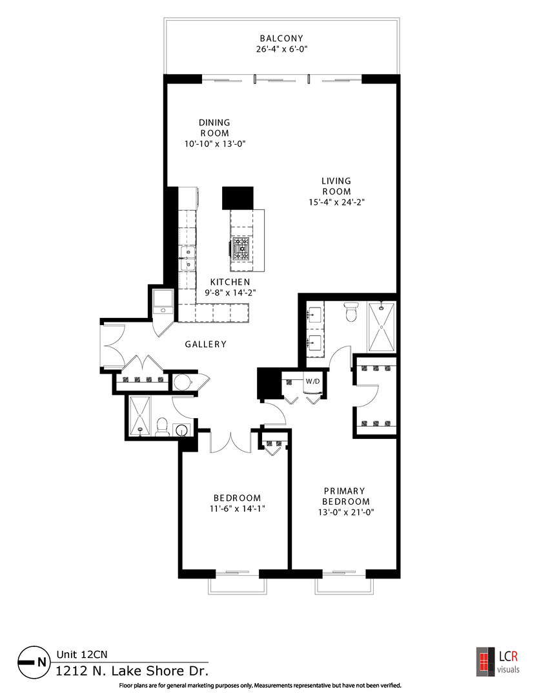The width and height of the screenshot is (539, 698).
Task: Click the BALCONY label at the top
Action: click(x=281, y=38)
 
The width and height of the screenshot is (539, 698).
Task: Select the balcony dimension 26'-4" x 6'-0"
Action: click(x=281, y=48)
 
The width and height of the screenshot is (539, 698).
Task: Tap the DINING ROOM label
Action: click(x=214, y=127)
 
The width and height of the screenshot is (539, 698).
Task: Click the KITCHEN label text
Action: click(x=230, y=282)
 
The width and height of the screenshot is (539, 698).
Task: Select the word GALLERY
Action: click(x=206, y=344)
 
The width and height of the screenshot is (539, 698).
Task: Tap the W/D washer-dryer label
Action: click(x=312, y=381)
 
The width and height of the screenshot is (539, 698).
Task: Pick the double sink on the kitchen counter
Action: click(x=187, y=258)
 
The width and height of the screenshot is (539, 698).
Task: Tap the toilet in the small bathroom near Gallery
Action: click(x=162, y=427)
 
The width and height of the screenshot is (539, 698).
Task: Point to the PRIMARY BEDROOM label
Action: click(x=345, y=496)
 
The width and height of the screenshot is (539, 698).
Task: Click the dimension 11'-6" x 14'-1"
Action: click(x=238, y=508)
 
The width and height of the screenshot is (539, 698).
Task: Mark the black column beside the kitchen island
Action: click(x=238, y=198)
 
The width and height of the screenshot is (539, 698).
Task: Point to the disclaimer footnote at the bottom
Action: click(x=260, y=685)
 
